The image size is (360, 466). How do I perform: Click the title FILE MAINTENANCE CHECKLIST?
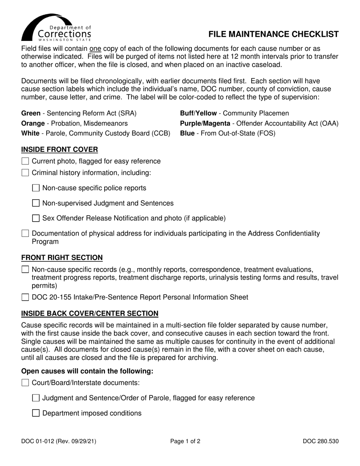273,34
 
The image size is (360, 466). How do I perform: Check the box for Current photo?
25,161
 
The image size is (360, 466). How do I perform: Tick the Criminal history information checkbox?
25,173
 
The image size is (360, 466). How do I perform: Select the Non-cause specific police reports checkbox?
36,188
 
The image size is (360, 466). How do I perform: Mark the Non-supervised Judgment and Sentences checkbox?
36,203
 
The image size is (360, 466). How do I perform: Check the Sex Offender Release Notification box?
36,218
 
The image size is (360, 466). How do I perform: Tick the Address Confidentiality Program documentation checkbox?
25,233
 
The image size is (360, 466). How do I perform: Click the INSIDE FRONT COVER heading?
59,149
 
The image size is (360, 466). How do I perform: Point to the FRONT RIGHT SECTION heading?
62,258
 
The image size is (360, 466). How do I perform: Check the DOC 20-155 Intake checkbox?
25,297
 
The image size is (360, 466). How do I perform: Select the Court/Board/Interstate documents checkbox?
25,383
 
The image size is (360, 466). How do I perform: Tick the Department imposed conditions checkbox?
36,413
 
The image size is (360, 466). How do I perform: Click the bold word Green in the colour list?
31,113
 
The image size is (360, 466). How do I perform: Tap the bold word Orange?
32,124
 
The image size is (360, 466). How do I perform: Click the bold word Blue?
187,133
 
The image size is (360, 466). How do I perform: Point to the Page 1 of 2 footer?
185,441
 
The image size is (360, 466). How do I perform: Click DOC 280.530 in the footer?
321,441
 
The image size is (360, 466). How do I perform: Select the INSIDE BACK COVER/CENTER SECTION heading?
90,313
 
